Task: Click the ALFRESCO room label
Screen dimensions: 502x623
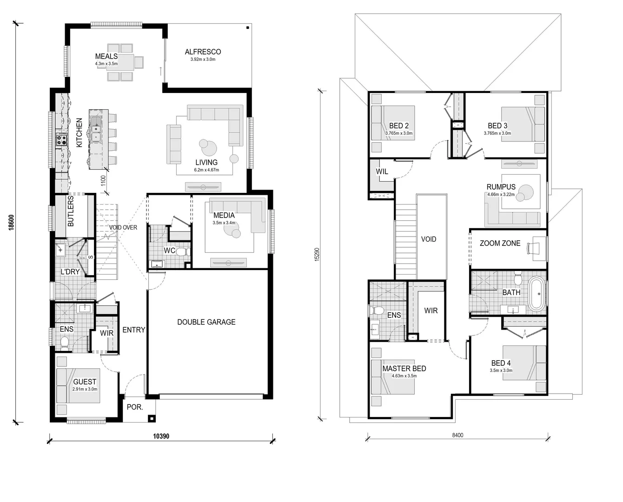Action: tap(203, 52)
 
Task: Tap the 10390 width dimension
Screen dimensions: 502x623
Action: tap(161, 436)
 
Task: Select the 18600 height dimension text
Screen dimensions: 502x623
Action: tap(12, 222)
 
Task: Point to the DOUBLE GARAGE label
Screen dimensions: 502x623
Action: tap(206, 322)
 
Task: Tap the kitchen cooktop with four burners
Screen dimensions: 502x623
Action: tap(61, 139)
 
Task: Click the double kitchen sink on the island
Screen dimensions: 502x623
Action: tap(96, 130)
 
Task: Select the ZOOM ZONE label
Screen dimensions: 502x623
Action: tap(500, 243)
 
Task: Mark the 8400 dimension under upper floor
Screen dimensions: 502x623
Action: tap(457, 436)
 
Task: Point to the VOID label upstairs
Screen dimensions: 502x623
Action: tap(428, 239)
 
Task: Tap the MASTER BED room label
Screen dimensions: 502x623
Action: tap(404, 368)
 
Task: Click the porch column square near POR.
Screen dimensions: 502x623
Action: tap(151, 417)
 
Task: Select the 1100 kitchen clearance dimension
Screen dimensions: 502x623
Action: tap(103, 180)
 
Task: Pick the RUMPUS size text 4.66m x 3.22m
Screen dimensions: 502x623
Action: tap(501, 194)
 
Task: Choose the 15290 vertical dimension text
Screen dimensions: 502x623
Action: tap(317, 254)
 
